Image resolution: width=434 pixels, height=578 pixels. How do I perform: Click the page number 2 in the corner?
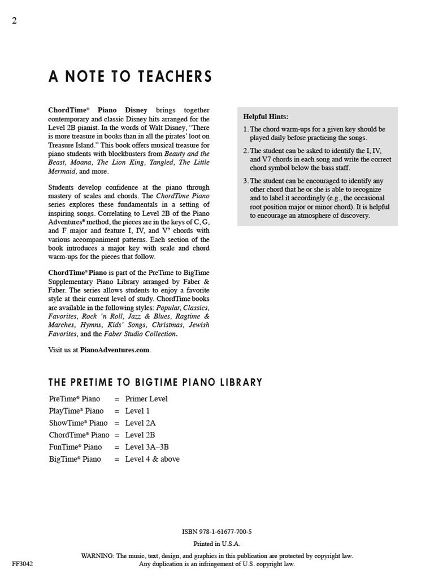pyautogui.click(x=14, y=21)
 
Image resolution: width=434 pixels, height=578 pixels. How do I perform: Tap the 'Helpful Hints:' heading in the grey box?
pyautogui.click(x=266, y=117)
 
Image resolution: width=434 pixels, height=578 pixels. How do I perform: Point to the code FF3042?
pyautogui.click(x=22, y=563)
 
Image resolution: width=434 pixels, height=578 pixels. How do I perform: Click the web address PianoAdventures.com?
pyautogui.click(x=115, y=350)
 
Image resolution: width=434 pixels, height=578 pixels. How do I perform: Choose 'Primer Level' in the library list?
pyautogui.click(x=146, y=399)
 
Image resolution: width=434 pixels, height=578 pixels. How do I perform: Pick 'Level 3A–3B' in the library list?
pyautogui.click(x=147, y=447)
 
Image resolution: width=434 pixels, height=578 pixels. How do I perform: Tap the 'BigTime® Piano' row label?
pyautogui.click(x=75, y=459)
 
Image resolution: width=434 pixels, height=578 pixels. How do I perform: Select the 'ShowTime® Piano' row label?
pyautogui.click(x=78, y=423)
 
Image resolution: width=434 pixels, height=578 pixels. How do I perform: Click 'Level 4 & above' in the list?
pyautogui.click(x=152, y=459)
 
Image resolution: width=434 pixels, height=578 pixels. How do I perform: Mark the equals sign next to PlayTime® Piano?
pyautogui.click(x=117, y=411)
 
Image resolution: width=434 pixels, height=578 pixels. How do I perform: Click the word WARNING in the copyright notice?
pyautogui.click(x=98, y=556)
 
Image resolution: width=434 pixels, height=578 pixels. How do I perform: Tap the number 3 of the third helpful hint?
pyautogui.click(x=245, y=181)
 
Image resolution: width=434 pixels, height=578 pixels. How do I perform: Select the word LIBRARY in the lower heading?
pyautogui.click(x=241, y=383)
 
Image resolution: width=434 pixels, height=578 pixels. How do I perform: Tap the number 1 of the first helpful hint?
pyautogui.click(x=245, y=129)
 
